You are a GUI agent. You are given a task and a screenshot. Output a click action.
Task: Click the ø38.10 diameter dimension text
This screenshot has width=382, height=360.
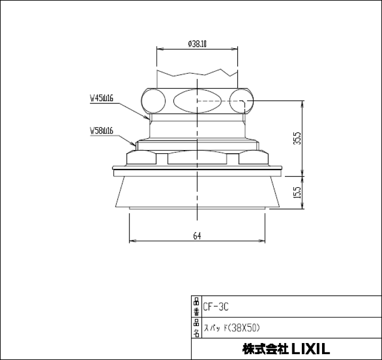[197, 44]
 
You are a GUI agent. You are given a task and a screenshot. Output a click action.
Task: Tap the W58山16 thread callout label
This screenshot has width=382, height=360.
[102, 130]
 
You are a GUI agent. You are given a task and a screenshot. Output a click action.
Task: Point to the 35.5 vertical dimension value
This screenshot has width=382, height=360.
[298, 138]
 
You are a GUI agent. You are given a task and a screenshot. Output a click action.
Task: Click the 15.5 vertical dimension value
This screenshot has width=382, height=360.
[298, 192]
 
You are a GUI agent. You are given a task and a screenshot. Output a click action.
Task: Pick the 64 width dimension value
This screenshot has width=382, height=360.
[197, 236]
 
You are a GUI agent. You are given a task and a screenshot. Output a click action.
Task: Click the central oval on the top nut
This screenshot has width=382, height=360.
[197, 100]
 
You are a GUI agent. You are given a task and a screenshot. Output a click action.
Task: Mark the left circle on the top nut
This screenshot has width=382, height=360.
[153, 100]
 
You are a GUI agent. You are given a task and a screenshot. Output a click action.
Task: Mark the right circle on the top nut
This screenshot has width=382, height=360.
[241, 100]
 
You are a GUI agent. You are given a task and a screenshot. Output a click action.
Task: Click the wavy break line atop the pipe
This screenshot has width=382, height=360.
[197, 73]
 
